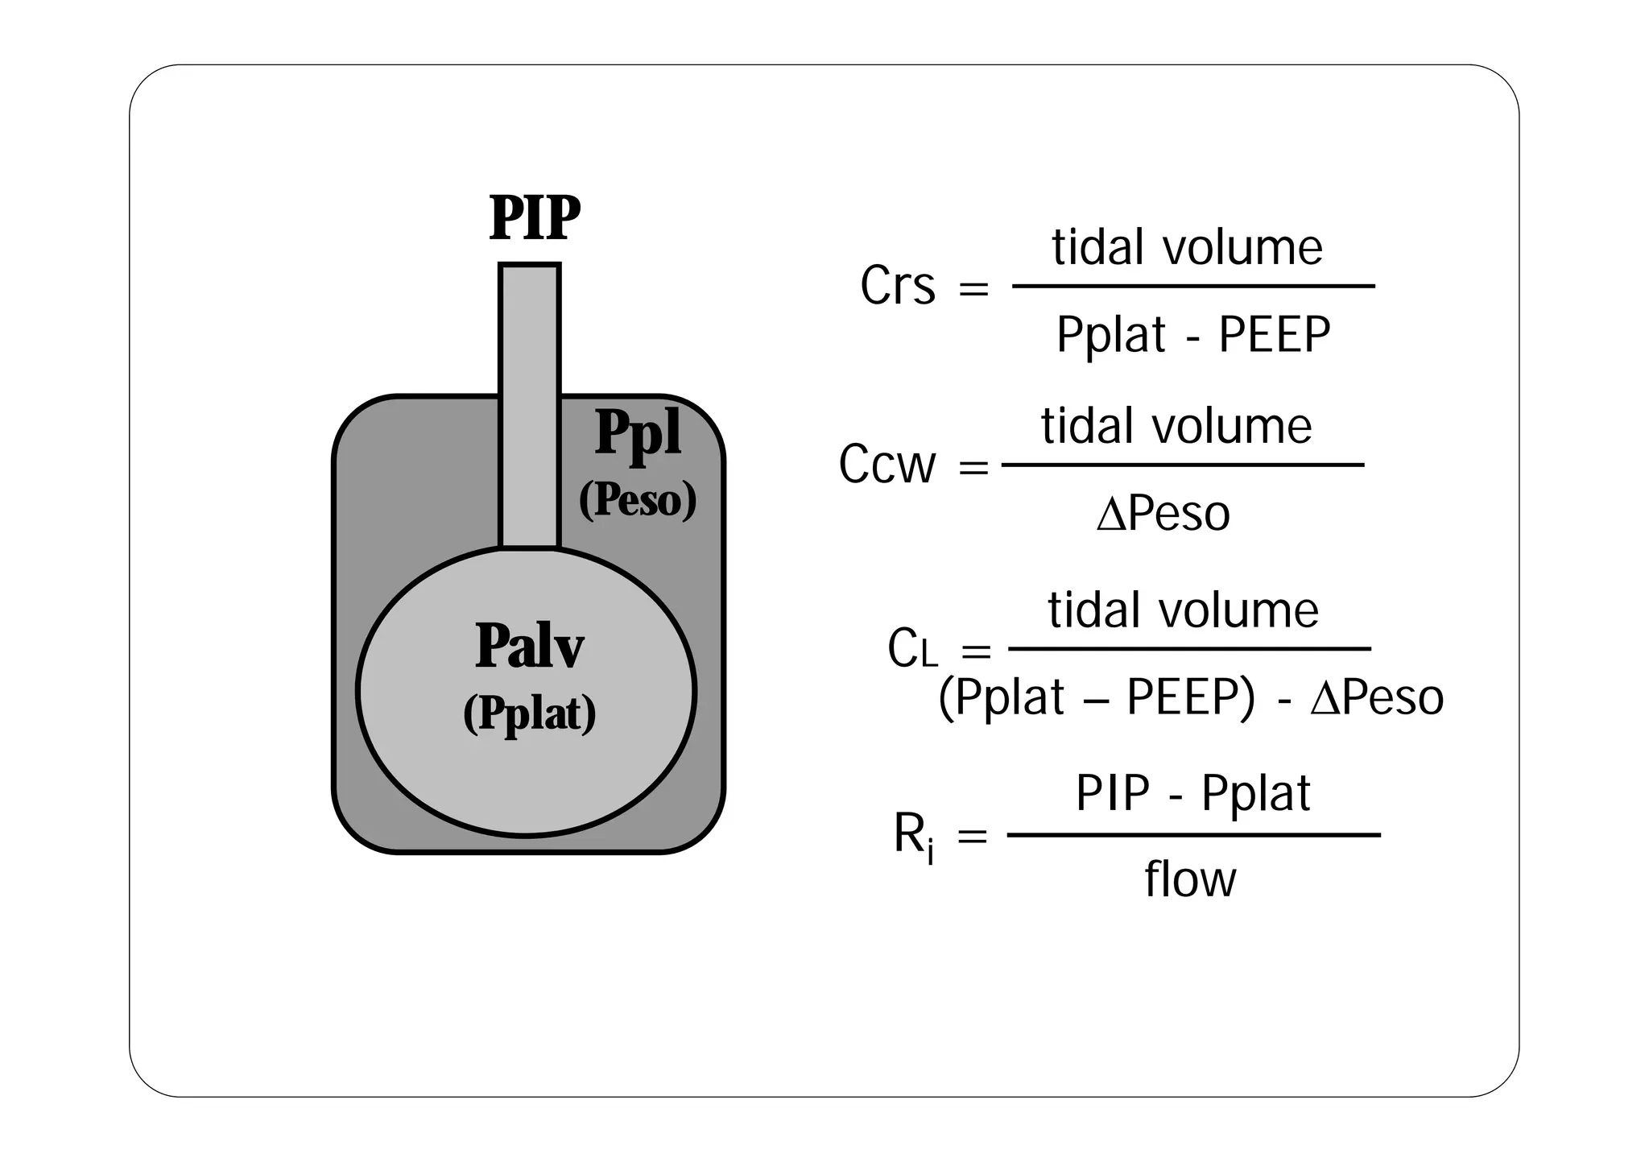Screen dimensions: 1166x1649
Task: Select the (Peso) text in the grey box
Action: (637, 500)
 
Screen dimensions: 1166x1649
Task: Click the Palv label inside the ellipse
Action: (529, 647)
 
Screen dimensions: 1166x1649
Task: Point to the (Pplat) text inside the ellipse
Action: (529, 713)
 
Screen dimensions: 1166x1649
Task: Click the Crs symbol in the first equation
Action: (897, 286)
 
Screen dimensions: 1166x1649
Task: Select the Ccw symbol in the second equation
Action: (887, 465)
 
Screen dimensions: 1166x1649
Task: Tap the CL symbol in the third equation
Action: (911, 650)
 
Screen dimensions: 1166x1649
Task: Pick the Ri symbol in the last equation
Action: (914, 837)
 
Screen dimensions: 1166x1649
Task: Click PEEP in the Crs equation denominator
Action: (1274, 335)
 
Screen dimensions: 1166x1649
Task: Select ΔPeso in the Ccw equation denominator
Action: (1163, 514)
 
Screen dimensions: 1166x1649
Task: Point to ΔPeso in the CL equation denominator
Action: (1376, 697)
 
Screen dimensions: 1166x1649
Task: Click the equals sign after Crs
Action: (973, 287)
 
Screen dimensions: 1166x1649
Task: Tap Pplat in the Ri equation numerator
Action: (1255, 795)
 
